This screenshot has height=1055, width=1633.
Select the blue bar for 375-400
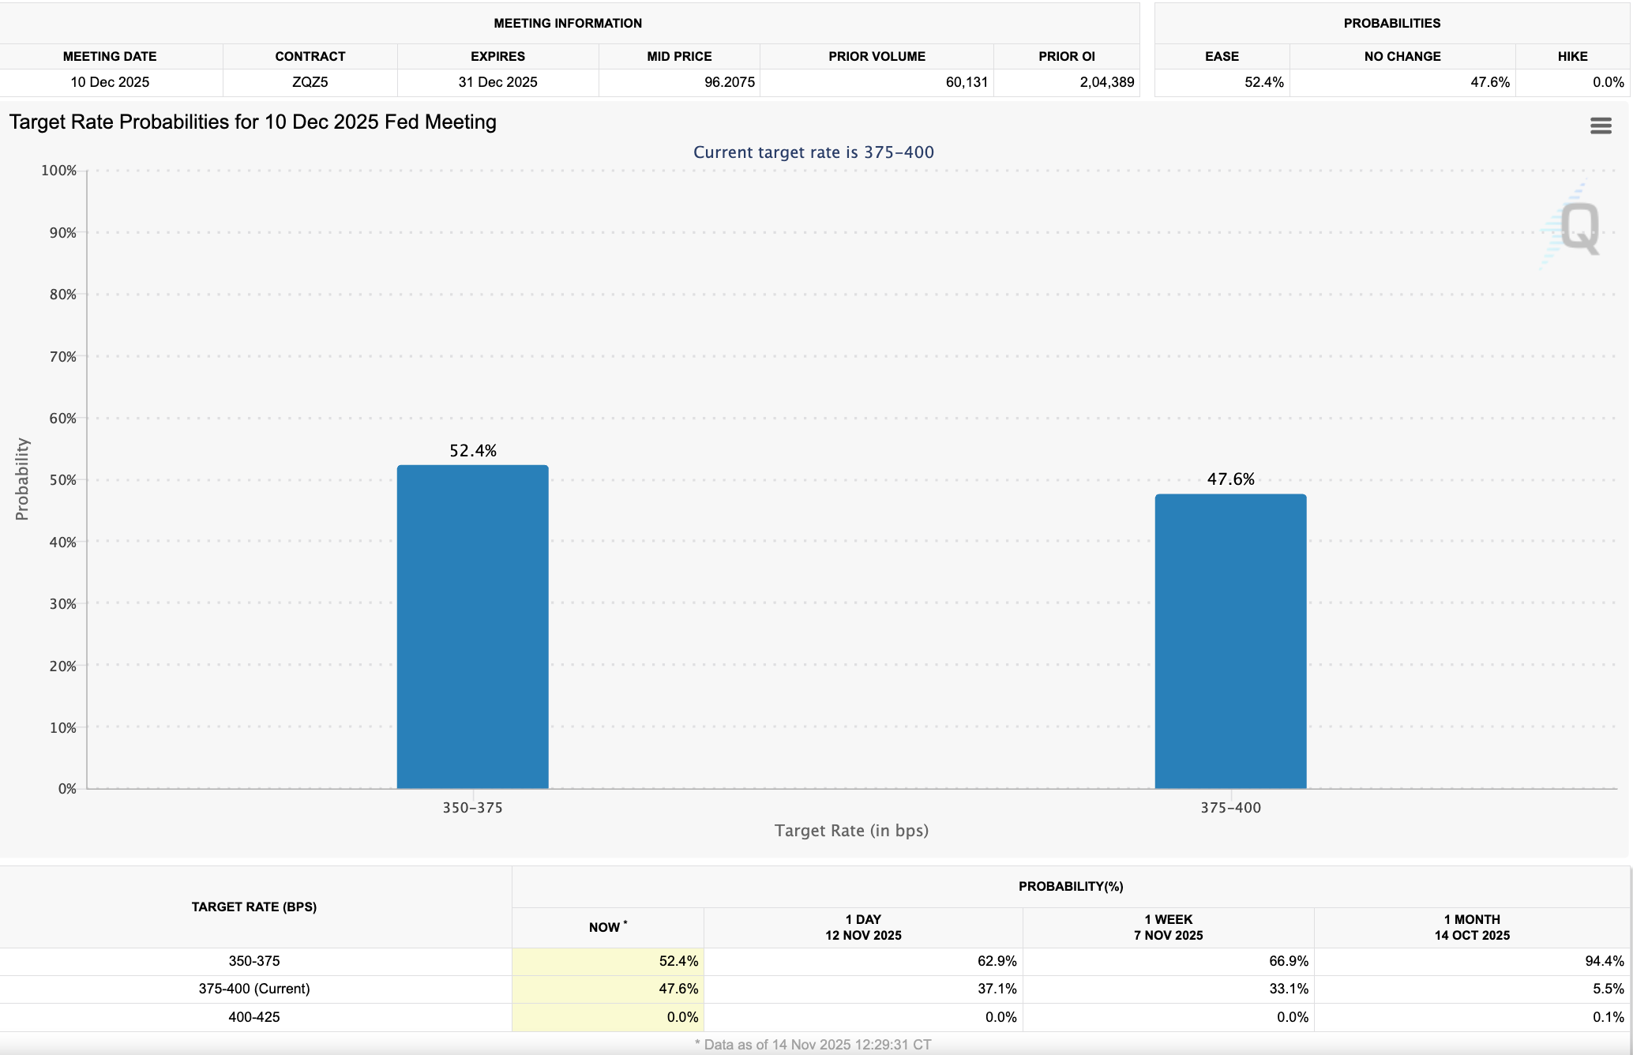pyautogui.click(x=1230, y=641)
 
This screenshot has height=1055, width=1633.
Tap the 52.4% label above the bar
pyautogui.click(x=473, y=451)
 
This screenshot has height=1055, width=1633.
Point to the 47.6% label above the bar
pyautogui.click(x=1230, y=479)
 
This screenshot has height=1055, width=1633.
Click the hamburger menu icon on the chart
pyautogui.click(x=1601, y=126)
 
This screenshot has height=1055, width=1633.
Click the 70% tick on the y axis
pyautogui.click(x=62, y=357)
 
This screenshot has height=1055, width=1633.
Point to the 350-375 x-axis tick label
pyautogui.click(x=472, y=808)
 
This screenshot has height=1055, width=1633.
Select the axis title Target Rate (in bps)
pyautogui.click(x=851, y=831)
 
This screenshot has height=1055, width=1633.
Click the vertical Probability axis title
pyautogui.click(x=22, y=479)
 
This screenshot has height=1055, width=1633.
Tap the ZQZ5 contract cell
pyautogui.click(x=310, y=82)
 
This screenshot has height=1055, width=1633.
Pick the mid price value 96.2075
pyautogui.click(x=729, y=82)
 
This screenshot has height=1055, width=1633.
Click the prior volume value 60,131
pyautogui.click(x=967, y=82)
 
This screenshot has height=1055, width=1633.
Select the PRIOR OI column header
pyautogui.click(x=1066, y=56)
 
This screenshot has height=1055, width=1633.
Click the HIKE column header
pyautogui.click(x=1572, y=56)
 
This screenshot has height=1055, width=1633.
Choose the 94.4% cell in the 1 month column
pyautogui.click(x=1604, y=961)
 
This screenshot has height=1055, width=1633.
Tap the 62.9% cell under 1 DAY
pyautogui.click(x=997, y=961)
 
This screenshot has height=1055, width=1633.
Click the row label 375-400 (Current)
pyautogui.click(x=254, y=989)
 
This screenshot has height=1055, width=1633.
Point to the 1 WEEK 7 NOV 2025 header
pyautogui.click(x=1168, y=927)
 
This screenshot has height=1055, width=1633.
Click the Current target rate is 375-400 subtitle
pyautogui.click(x=813, y=152)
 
